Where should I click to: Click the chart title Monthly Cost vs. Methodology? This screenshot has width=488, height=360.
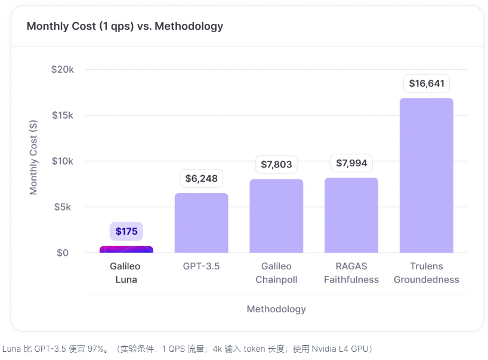click(125, 26)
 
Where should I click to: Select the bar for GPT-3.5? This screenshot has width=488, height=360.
click(201, 223)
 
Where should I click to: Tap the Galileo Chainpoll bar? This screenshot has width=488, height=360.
click(276, 216)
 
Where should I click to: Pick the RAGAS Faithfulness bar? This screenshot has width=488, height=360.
click(351, 215)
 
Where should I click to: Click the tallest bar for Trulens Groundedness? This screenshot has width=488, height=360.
click(426, 175)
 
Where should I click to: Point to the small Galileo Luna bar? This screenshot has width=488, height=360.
click(126, 249)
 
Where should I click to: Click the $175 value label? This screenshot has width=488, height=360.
click(126, 231)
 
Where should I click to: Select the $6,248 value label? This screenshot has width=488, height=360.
click(201, 178)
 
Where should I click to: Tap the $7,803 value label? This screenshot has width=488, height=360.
click(276, 164)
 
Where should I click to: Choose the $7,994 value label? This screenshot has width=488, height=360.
click(351, 163)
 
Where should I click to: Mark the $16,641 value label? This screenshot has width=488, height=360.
click(426, 83)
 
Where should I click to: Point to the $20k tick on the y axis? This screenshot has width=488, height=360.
click(63, 69)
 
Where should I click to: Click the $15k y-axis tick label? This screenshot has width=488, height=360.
click(63, 115)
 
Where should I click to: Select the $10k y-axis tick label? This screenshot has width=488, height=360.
click(63, 161)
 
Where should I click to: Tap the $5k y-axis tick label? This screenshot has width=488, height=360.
click(65, 207)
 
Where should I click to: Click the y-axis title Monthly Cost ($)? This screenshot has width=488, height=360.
click(33, 157)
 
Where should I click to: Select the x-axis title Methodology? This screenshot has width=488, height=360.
click(276, 309)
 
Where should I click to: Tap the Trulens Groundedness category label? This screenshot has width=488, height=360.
click(426, 273)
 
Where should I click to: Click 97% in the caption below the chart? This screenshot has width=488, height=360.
click(96, 348)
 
